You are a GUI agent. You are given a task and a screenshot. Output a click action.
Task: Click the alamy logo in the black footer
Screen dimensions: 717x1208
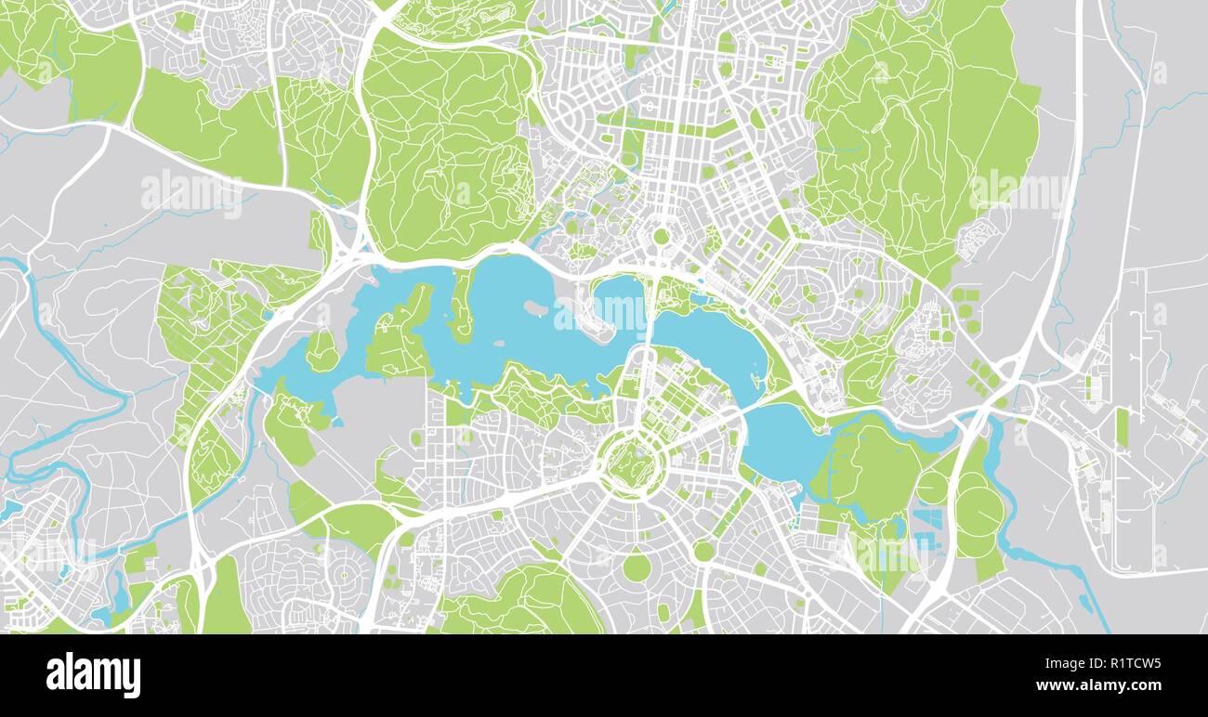(x=93, y=674)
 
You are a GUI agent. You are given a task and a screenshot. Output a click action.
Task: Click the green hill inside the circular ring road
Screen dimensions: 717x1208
(x=632, y=462)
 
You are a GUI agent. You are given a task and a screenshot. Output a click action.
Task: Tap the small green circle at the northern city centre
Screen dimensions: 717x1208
(x=661, y=236)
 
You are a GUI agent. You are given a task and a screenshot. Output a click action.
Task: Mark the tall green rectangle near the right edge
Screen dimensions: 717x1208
(x=1122, y=427)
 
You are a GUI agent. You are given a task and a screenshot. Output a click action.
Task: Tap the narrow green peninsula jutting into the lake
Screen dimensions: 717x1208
(x=462, y=306)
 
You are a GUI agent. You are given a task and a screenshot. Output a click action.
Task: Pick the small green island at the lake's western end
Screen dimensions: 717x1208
(x=321, y=351)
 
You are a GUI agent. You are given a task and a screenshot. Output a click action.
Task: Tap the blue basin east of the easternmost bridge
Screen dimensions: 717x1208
(x=785, y=441)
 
